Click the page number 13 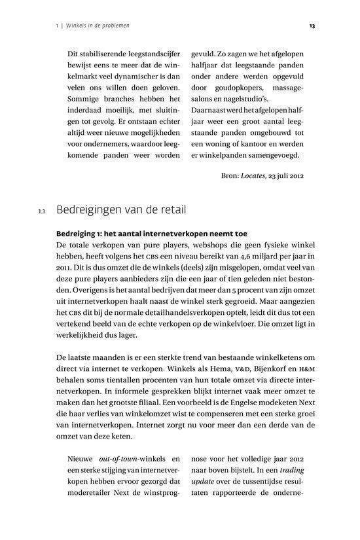[x=312, y=26]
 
